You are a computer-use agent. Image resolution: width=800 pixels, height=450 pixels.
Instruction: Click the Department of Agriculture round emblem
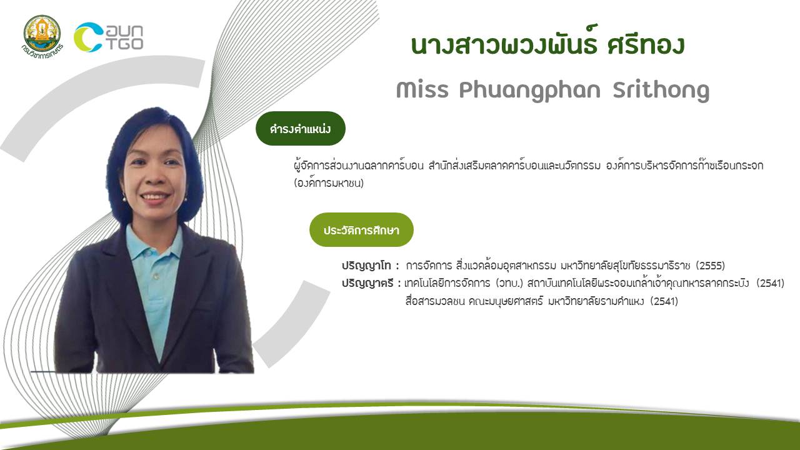click(42, 34)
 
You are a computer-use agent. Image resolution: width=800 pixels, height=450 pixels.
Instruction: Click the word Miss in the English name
click(422, 89)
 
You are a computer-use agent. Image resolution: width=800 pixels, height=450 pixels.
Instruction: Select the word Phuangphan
click(530, 91)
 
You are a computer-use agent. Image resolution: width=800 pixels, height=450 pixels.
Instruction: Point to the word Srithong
click(661, 91)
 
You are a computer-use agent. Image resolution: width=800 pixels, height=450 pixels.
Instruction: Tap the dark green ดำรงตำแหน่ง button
click(301, 129)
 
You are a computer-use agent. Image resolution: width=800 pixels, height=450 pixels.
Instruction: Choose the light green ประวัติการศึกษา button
click(361, 229)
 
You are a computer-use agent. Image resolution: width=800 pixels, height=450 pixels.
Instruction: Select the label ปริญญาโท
click(366, 266)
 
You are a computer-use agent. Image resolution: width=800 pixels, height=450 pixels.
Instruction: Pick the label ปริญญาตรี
click(367, 284)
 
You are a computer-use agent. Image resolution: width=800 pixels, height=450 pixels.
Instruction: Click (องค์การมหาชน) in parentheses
click(329, 183)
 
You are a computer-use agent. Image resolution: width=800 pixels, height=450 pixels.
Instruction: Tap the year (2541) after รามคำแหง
click(664, 301)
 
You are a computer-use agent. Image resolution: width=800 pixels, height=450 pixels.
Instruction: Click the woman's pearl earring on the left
click(124, 199)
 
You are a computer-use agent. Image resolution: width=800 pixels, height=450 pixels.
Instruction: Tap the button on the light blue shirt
click(156, 277)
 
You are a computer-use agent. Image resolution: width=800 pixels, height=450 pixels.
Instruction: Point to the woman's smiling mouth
click(155, 196)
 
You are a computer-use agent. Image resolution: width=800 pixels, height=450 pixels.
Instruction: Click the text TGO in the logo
click(126, 44)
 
